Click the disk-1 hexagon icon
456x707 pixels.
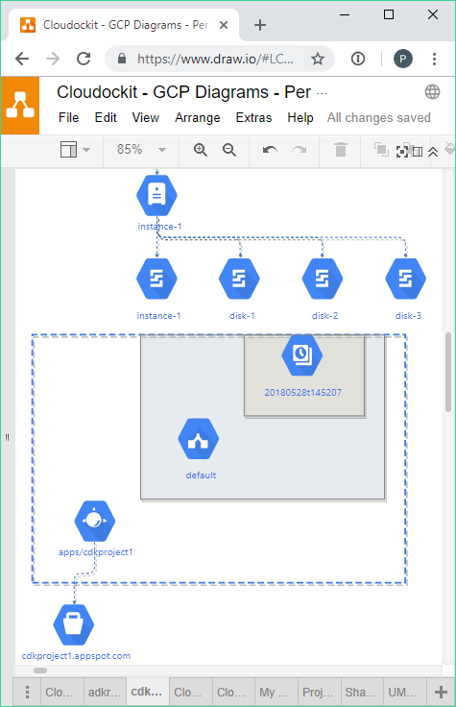pyautogui.click(x=239, y=279)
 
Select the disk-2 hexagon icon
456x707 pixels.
pyautogui.click(x=323, y=279)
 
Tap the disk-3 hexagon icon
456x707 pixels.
pyautogui.click(x=405, y=279)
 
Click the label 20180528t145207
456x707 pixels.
pyautogui.click(x=302, y=392)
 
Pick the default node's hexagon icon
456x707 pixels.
pyautogui.click(x=199, y=439)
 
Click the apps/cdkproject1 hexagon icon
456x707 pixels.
pyautogui.click(x=95, y=521)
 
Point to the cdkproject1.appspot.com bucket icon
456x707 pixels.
pyautogui.click(x=74, y=625)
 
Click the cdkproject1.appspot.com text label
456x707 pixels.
pyautogui.click(x=76, y=655)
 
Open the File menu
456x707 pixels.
pyautogui.click(x=68, y=118)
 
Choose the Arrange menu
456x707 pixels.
pyautogui.click(x=198, y=118)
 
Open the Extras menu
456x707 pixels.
pyautogui.click(x=253, y=118)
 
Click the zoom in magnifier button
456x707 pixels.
pyautogui.click(x=200, y=150)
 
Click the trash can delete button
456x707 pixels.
pyautogui.click(x=341, y=149)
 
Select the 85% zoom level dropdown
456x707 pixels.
pyautogui.click(x=141, y=149)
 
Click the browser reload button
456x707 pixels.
pyautogui.click(x=84, y=59)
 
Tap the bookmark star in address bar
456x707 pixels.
pyautogui.click(x=318, y=59)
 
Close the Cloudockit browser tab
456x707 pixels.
pyautogui.click(x=224, y=25)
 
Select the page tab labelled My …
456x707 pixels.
pyautogui.click(x=274, y=692)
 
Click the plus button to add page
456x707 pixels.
pyautogui.click(x=441, y=692)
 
